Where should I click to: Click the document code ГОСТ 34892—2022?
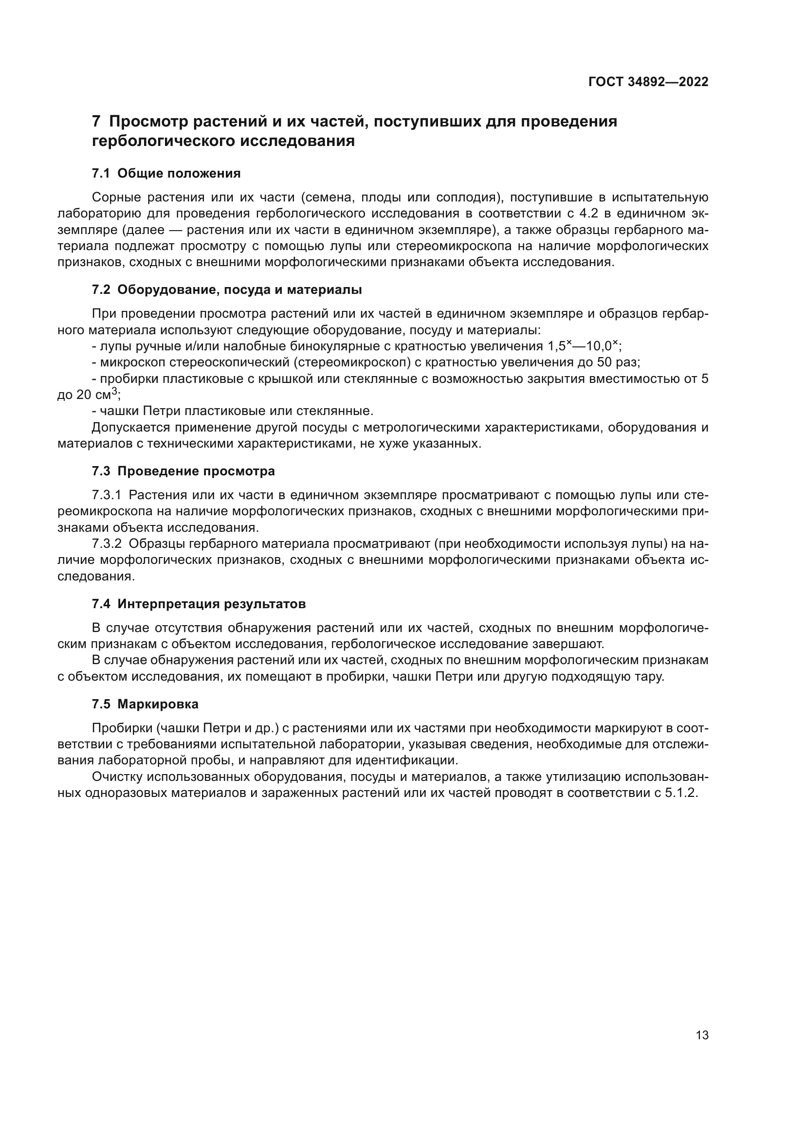648,82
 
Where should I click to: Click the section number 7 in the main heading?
96,122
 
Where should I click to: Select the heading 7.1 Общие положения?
166,174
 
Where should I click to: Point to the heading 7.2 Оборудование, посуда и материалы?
226,289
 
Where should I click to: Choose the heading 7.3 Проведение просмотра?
183,471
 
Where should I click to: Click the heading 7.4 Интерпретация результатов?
198,604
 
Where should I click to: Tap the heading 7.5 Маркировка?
145,704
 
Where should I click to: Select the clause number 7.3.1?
107,495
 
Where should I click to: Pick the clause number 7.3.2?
107,544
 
